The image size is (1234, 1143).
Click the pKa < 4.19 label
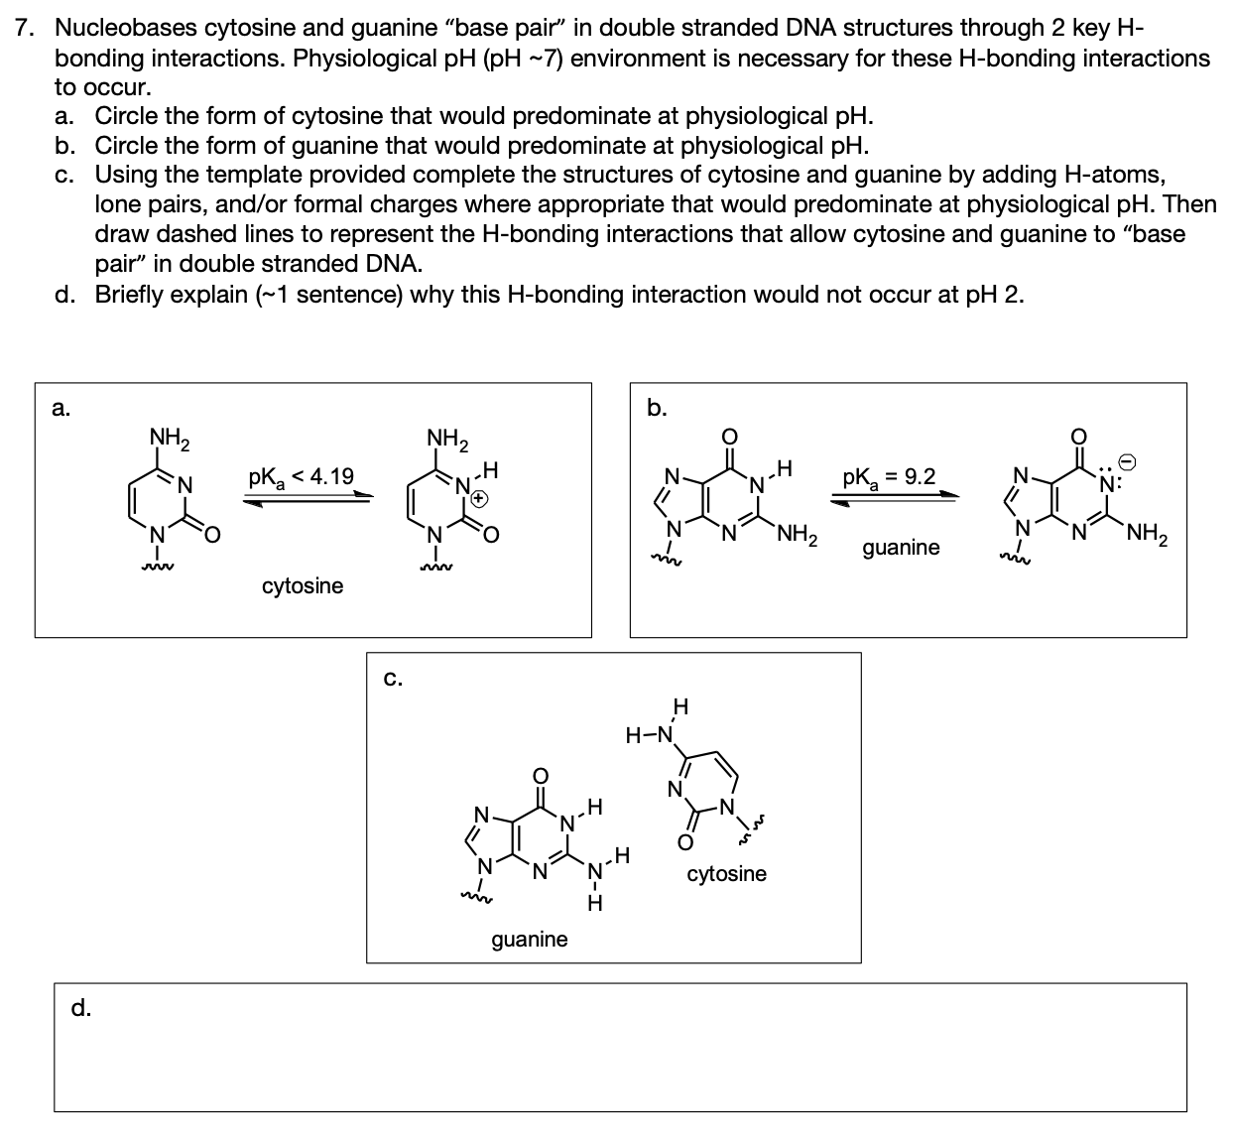tap(301, 477)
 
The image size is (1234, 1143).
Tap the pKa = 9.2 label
tap(888, 477)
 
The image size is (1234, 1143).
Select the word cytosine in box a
tap(303, 585)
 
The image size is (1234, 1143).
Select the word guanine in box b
tap(901, 548)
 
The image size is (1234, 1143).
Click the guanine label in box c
tap(530, 939)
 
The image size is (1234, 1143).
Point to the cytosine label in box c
tap(726, 873)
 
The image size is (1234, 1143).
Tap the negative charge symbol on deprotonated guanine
tap(1127, 463)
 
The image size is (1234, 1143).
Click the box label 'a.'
tap(62, 409)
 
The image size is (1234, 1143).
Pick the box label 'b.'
tap(657, 408)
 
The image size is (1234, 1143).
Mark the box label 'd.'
tap(81, 1009)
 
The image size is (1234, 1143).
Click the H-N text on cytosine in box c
tap(648, 735)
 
